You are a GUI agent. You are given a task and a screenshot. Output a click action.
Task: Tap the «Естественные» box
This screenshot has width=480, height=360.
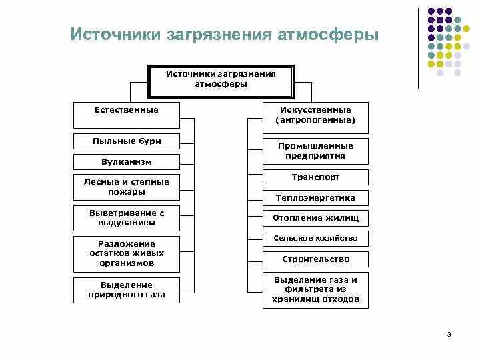(127, 114)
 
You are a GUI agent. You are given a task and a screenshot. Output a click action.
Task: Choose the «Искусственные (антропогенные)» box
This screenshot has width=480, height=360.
(315, 115)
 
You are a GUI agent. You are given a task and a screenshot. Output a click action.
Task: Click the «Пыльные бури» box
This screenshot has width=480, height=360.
(127, 141)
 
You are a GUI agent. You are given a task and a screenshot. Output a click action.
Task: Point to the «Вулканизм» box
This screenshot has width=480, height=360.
(127, 161)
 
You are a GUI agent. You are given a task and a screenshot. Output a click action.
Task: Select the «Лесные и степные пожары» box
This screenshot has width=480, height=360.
(127, 187)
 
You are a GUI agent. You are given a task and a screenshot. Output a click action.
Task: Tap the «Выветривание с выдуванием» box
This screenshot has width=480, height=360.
(127, 217)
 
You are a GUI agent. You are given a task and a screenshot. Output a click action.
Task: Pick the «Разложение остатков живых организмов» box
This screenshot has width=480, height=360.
(127, 253)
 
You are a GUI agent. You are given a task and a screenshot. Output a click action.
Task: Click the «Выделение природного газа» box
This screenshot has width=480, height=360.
(127, 289)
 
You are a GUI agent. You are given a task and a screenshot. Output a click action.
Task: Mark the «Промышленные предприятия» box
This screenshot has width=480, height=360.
(315, 151)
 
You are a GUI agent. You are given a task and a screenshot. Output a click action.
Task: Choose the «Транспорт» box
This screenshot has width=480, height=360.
(315, 177)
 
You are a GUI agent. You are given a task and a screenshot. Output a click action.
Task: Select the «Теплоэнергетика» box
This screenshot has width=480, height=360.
(315, 197)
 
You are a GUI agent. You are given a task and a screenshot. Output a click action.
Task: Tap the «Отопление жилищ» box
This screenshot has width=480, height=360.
(315, 218)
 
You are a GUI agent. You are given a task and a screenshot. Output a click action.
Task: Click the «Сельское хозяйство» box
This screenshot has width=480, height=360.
(315, 238)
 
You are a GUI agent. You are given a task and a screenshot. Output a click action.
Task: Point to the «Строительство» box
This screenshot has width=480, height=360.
(315, 259)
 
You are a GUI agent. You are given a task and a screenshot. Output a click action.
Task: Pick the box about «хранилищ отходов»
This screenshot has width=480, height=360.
(315, 290)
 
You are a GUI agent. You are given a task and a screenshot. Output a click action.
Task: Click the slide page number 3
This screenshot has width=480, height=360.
(449, 334)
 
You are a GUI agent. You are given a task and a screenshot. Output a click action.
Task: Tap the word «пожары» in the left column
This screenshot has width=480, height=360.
(127, 192)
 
